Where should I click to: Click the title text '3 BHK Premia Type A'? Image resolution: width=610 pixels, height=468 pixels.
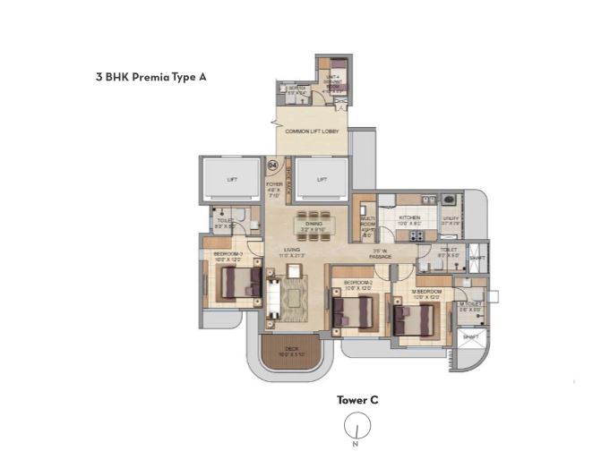point(151,78)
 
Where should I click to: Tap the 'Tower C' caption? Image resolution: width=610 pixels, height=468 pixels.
point(357,400)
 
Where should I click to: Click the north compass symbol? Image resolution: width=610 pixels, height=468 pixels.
point(357,428)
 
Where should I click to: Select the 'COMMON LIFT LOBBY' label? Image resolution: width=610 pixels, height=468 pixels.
point(311,132)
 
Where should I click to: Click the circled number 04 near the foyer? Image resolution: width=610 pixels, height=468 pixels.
point(272,166)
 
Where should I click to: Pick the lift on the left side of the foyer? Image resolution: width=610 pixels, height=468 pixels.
point(232,180)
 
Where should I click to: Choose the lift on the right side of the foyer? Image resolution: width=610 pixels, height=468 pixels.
point(322,180)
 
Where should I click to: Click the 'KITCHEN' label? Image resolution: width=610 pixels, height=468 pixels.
point(409,217)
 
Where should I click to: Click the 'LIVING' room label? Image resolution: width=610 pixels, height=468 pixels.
point(292,251)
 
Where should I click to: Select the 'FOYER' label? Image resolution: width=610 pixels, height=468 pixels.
point(274,184)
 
